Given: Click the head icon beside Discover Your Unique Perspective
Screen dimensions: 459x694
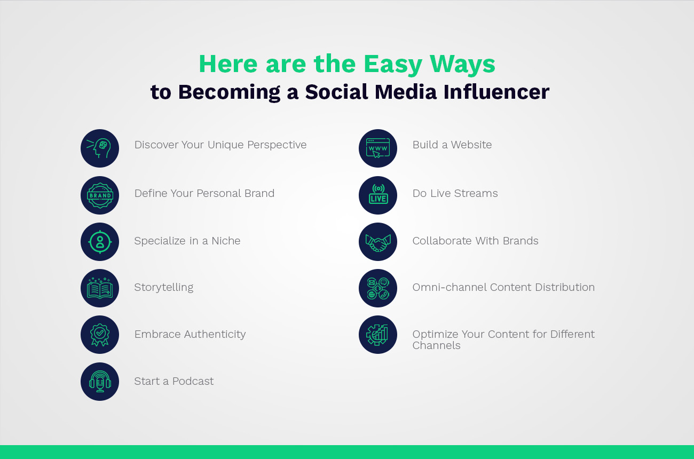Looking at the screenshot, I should point(100,148).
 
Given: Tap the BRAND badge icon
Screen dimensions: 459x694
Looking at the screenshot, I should point(100,195).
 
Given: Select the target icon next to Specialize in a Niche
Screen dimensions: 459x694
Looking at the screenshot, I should point(100,242).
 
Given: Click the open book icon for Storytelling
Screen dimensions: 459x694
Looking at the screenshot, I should point(100,288).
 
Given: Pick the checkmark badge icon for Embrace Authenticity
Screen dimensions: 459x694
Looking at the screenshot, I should point(100,335).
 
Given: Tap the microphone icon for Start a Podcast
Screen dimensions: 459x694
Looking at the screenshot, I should point(100,382).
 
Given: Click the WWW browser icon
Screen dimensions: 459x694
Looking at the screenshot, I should point(378,148).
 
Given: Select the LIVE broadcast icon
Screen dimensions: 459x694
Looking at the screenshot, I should point(378,195).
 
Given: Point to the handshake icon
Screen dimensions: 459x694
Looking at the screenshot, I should point(378,242).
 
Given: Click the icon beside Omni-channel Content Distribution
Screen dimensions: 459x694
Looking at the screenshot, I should point(378,288).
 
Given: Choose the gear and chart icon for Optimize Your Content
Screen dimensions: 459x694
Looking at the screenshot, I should point(378,335).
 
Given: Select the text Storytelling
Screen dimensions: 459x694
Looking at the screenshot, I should point(164,287).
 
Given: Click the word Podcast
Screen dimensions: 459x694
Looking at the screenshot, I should point(193,381).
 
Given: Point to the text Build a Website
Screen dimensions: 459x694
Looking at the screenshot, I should point(452,145).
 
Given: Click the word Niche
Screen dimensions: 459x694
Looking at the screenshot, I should point(226,241).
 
